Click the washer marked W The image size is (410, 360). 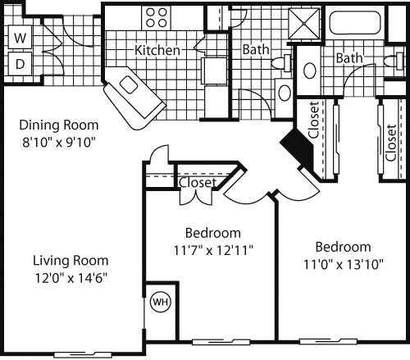pos(20,38)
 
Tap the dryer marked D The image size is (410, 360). pos(20,64)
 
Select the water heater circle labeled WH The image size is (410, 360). pos(161,302)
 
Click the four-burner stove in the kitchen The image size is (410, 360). pos(156,17)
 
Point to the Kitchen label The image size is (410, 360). pos(157,50)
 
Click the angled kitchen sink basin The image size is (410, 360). pos(129,84)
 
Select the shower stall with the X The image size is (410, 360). pos(304,24)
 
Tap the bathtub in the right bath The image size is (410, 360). pos(355,22)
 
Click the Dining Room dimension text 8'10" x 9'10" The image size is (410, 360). pos(59,143)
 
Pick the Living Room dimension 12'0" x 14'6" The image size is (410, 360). pos(71,278)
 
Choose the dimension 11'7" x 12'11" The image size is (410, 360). pos(213,250)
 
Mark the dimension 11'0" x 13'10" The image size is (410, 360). pos(344,264)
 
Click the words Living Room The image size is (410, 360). pos(71,261)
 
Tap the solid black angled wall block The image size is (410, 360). pos(298,149)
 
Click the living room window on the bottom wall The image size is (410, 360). pos(83,355)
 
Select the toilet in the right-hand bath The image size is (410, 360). pos(394,61)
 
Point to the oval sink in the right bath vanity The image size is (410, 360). pos(310,71)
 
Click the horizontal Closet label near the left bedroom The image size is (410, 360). pos(198,183)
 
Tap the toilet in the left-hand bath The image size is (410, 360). pos(281,63)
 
